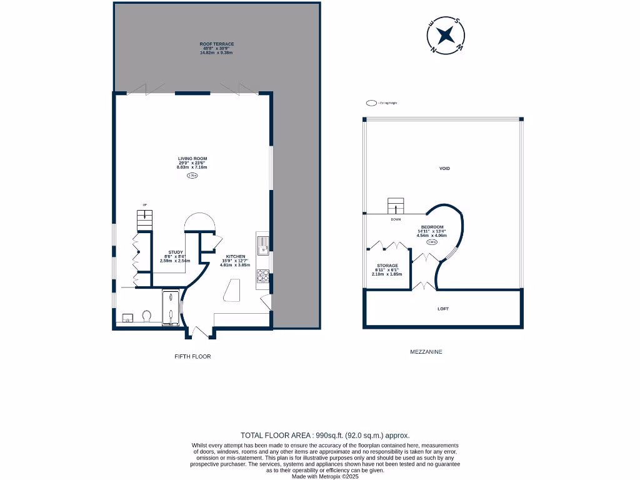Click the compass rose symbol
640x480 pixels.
[445, 36]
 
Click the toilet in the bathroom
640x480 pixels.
[147, 316]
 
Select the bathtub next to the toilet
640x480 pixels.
[171, 309]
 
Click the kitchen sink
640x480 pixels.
[263, 244]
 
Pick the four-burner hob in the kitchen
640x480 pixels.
[263, 276]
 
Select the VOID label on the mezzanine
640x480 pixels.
[444, 168]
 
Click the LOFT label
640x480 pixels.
[443, 309]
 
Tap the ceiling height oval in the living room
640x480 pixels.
[192, 176]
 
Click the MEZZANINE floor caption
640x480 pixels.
[426, 352]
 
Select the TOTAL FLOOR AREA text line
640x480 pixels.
[325, 435]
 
